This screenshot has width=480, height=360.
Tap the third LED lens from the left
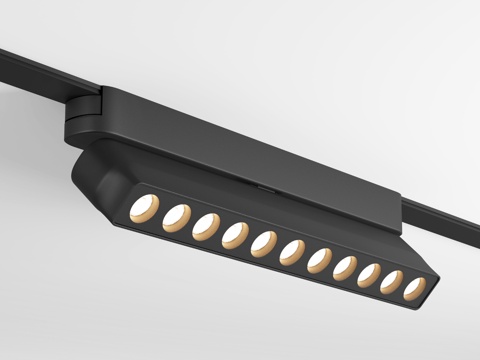tap(207, 223)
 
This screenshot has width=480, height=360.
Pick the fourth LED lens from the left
tap(236, 233)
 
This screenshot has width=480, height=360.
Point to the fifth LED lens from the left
tap(265, 242)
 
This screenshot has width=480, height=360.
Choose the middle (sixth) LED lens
tap(293, 251)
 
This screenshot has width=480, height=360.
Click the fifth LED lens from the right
tap(320, 259)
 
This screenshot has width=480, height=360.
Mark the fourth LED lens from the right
tap(346, 267)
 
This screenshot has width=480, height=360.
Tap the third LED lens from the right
tap(370, 275)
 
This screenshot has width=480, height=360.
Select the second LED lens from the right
tap(393, 282)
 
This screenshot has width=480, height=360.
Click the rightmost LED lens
tap(414, 289)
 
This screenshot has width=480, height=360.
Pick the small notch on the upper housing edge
tap(262, 186)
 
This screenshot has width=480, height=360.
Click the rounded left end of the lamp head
tap(85, 175)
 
